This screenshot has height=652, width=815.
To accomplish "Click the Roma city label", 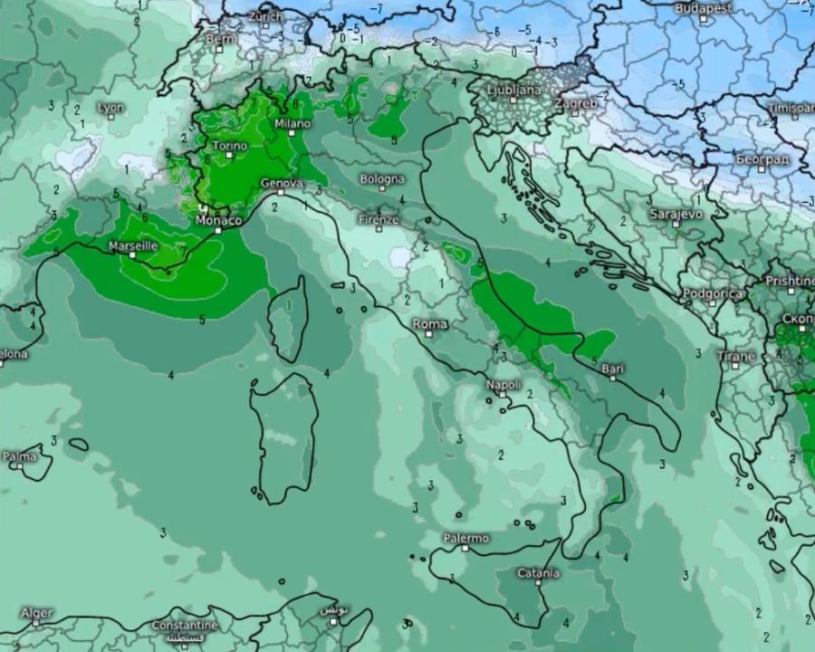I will [430, 323].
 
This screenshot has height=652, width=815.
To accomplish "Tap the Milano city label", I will [292, 123].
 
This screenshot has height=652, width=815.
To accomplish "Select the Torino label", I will [229, 146].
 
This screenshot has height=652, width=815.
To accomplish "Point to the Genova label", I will [280, 183].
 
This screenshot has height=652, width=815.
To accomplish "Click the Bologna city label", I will [381, 178].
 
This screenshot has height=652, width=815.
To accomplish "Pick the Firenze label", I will [379, 219].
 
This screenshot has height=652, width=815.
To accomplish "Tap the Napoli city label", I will [503, 385].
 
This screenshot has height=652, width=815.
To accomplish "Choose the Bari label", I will [612, 368].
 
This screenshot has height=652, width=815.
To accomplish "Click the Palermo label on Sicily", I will [465, 538].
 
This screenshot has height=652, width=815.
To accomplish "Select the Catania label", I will [538, 572].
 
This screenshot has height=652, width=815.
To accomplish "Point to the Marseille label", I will [133, 245].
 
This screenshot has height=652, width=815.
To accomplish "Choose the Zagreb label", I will [575, 102].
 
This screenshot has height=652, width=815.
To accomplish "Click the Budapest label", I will [703, 7].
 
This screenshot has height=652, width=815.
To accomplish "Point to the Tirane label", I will [735, 356].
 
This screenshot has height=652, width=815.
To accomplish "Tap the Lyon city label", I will [110, 107].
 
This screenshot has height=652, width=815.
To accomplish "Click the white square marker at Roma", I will [425, 334].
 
